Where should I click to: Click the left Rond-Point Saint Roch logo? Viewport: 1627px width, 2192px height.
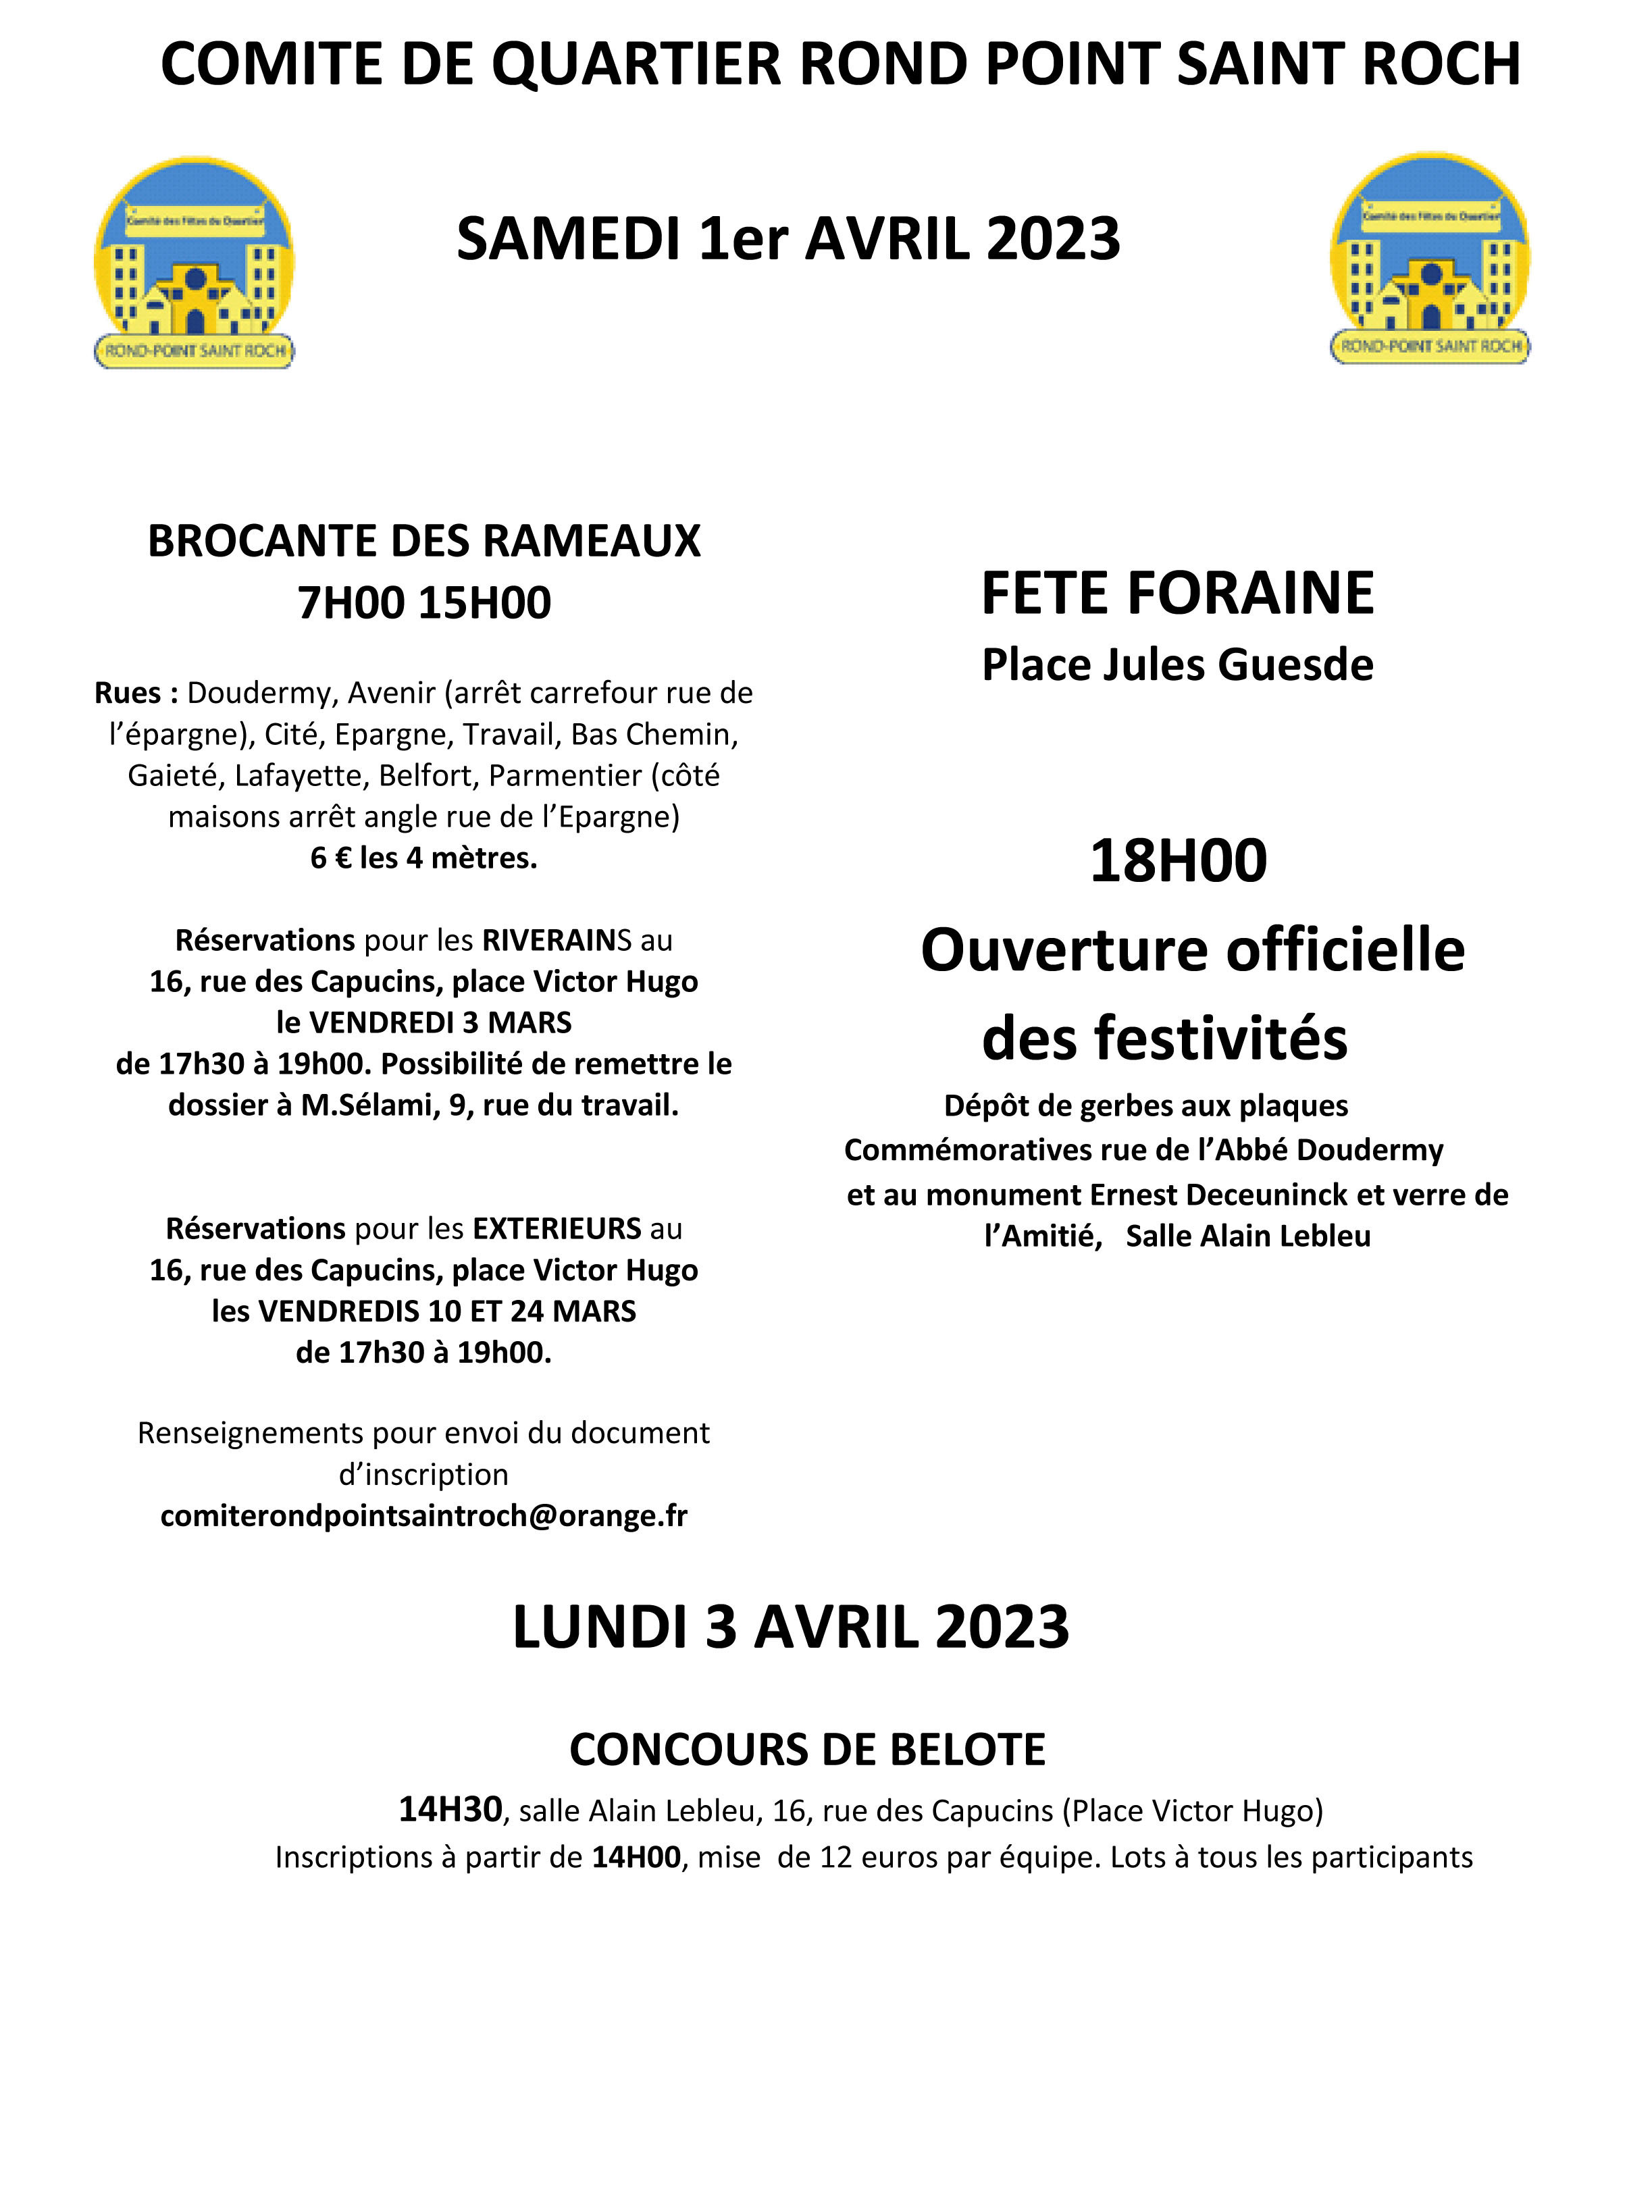(x=194, y=263)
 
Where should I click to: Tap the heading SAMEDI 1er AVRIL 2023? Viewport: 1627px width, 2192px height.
(x=788, y=239)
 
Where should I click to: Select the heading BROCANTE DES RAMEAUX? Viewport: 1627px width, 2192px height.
(x=423, y=541)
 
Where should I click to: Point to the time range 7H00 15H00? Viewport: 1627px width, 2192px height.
(x=423, y=602)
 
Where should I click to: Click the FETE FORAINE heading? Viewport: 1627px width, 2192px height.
(x=1177, y=593)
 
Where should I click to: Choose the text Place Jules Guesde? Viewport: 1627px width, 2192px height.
(x=1177, y=664)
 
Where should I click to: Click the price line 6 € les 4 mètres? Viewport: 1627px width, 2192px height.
(x=423, y=858)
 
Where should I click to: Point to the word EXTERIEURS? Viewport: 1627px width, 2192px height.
(x=557, y=1229)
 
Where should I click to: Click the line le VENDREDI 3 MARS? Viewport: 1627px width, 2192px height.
(x=423, y=1022)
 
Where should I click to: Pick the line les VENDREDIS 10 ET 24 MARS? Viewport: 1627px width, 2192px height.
(x=423, y=1311)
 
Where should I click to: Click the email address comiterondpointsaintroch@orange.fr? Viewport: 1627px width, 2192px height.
(x=423, y=1515)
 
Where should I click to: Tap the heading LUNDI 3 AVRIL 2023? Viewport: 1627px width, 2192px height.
(x=791, y=1627)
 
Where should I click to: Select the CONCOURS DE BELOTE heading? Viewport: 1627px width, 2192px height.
(x=808, y=1750)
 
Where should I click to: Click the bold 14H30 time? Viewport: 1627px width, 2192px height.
(x=450, y=1810)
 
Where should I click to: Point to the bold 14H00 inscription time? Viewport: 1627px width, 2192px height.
(x=636, y=1857)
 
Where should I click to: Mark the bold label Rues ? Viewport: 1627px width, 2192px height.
(x=136, y=694)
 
